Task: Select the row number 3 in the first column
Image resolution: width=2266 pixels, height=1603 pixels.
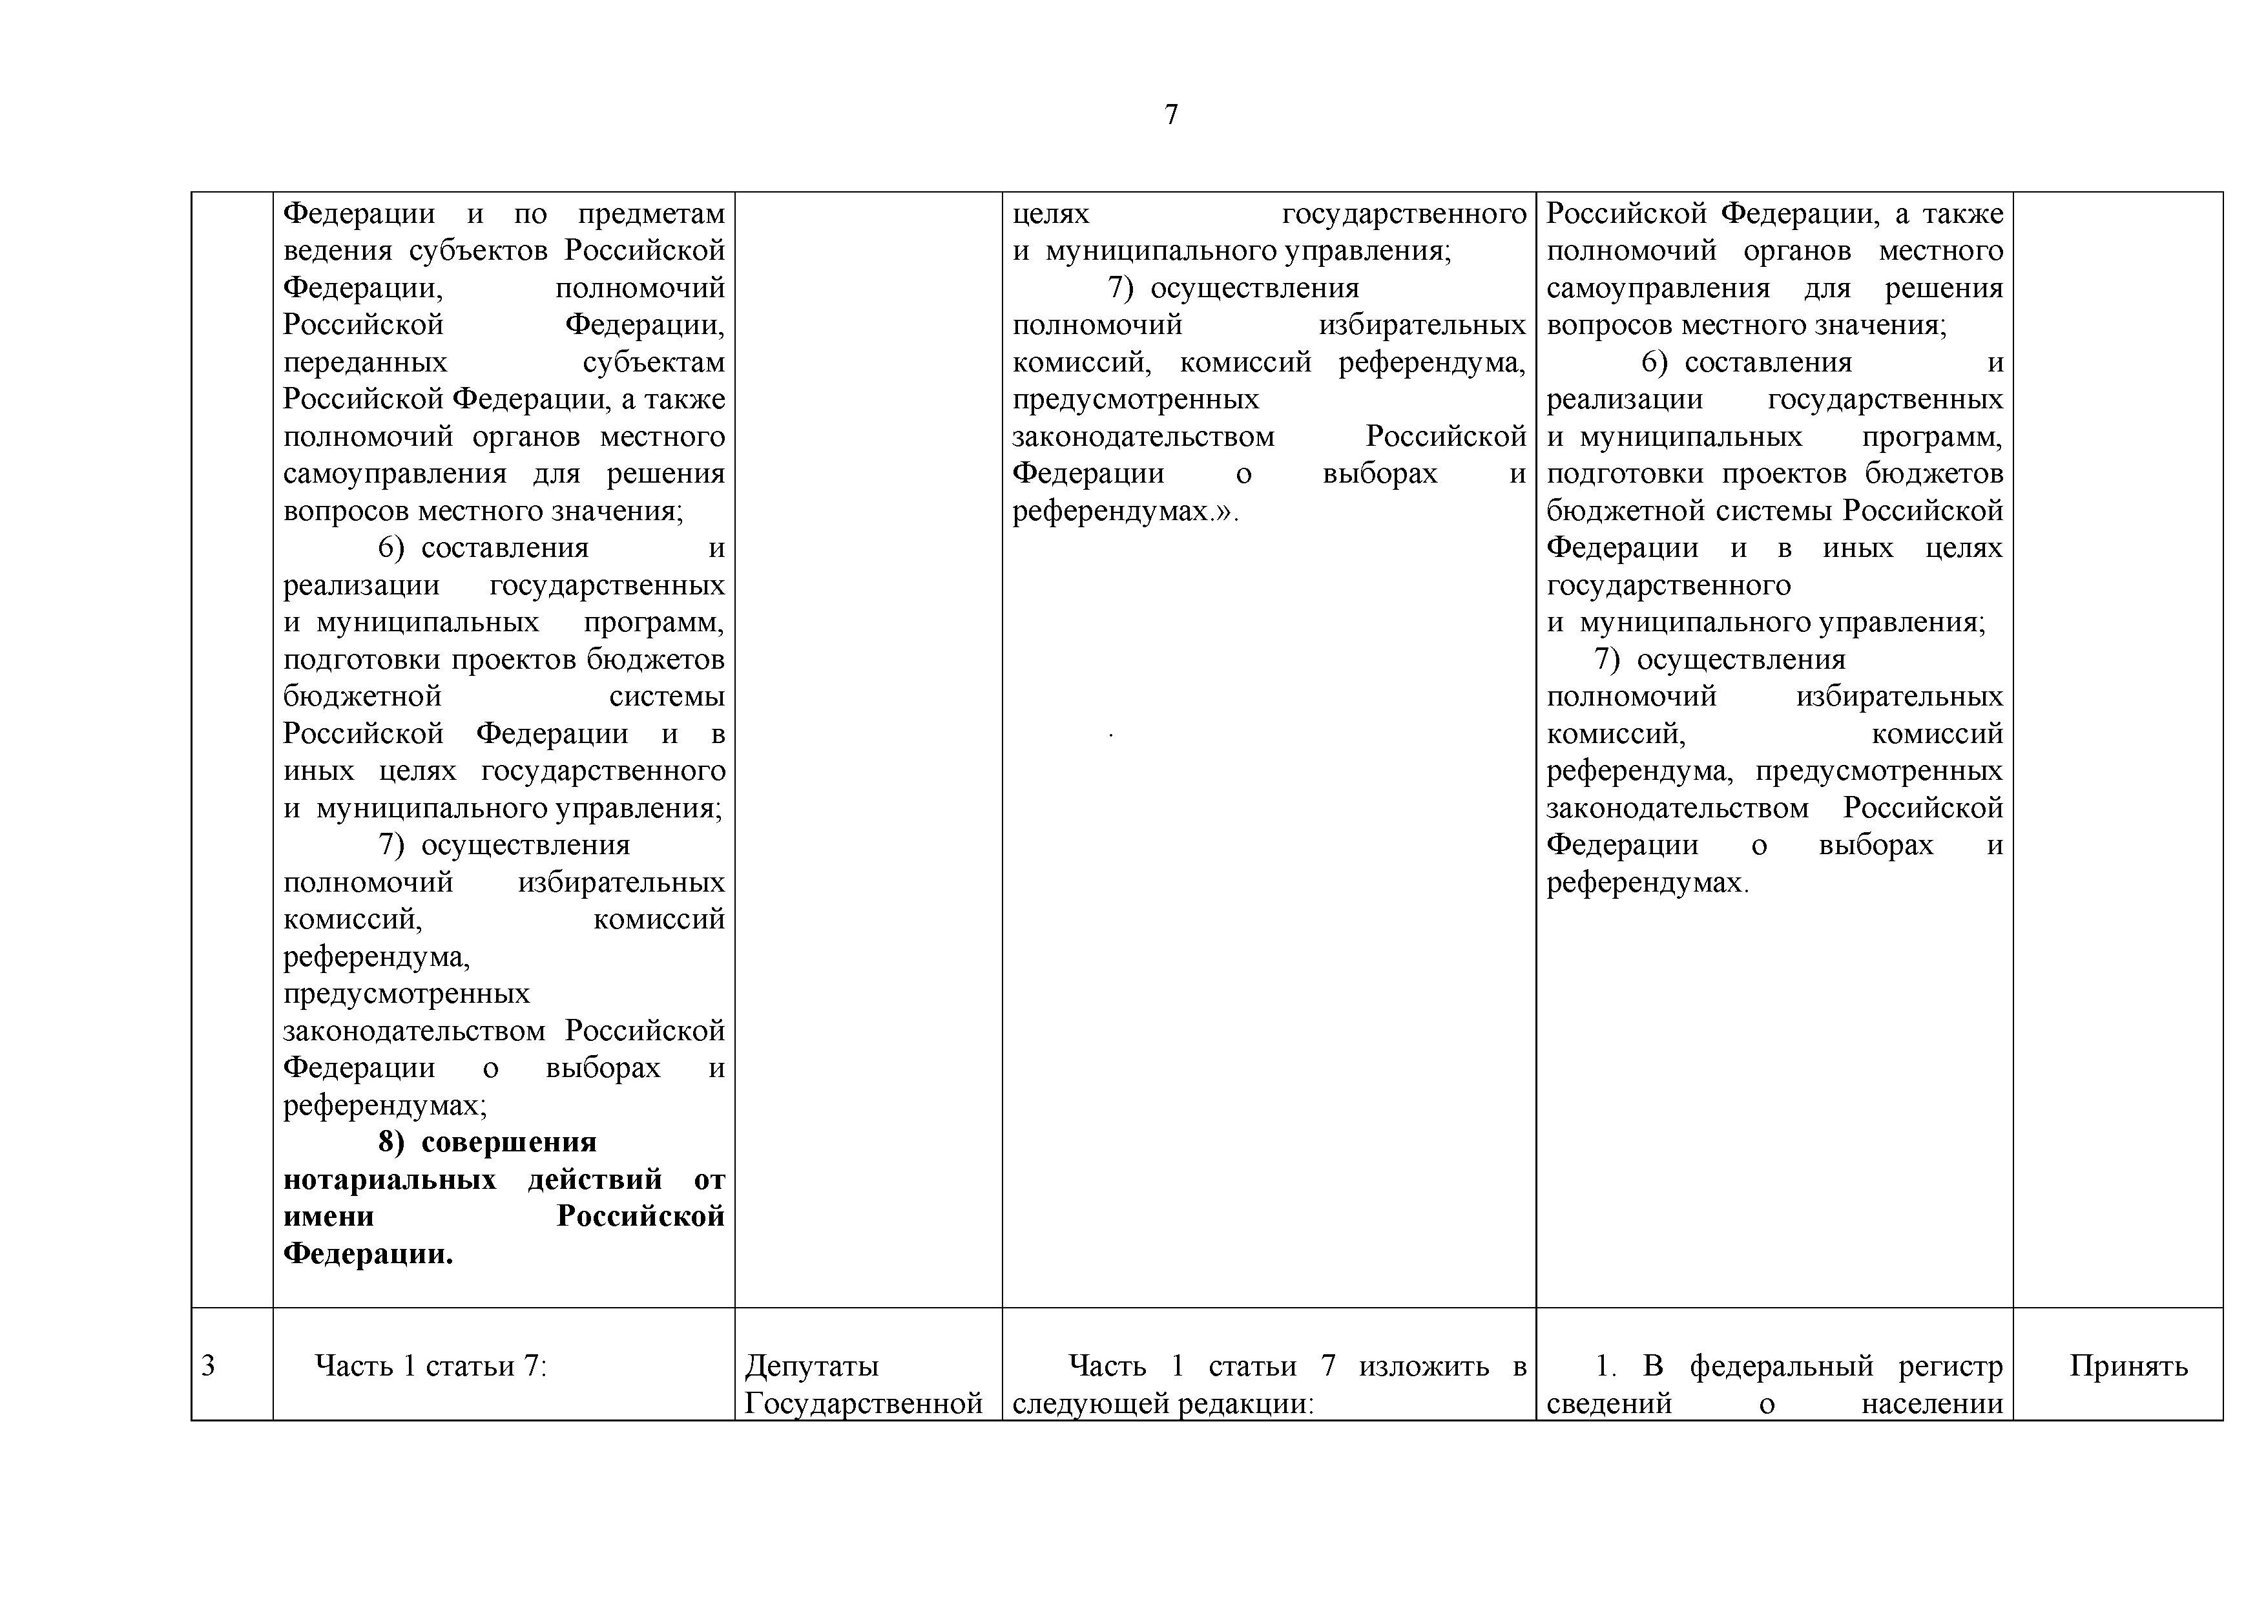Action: click(208, 1366)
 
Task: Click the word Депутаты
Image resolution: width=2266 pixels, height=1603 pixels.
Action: click(811, 1366)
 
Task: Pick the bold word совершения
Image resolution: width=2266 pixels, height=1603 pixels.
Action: click(508, 1142)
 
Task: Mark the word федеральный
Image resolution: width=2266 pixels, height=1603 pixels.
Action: click(1782, 1366)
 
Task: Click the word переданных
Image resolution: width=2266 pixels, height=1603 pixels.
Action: click(365, 362)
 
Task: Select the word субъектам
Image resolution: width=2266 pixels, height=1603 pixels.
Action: click(653, 362)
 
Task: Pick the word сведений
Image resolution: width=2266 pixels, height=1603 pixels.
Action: click(1608, 1403)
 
